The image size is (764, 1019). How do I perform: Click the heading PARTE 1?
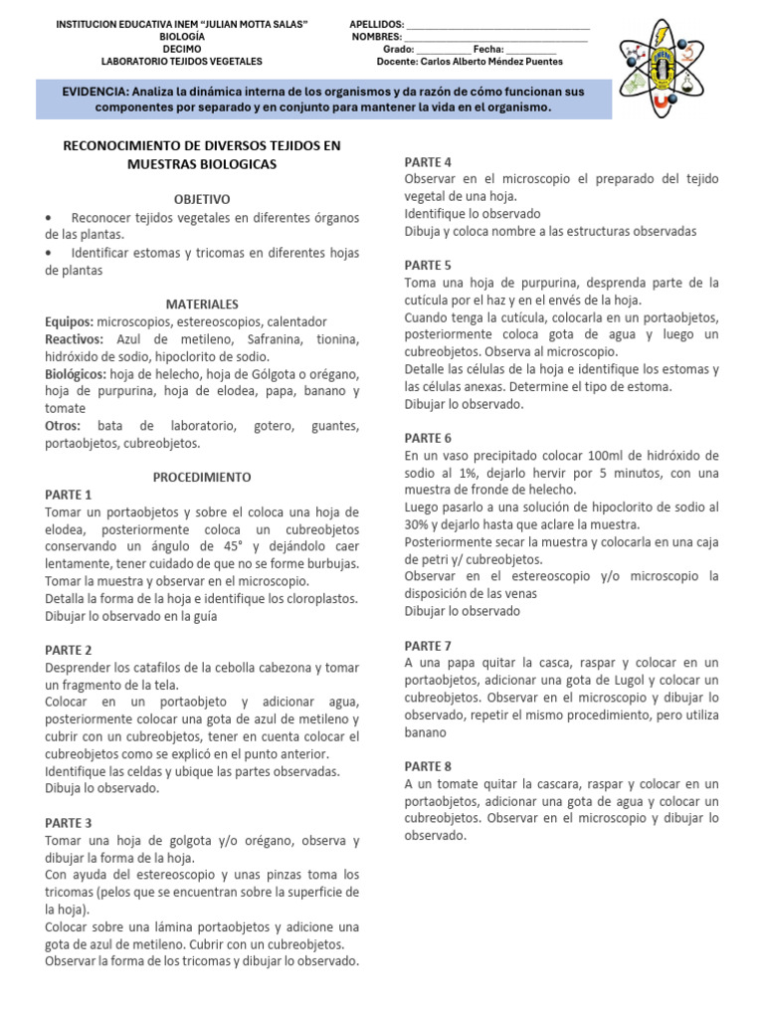(68, 495)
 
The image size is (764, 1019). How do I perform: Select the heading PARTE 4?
(428, 162)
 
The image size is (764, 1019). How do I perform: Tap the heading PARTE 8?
(428, 766)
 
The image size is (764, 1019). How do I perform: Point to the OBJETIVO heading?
(201, 199)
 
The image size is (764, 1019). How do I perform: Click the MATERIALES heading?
(202, 304)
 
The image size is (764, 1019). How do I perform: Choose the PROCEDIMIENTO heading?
(202, 477)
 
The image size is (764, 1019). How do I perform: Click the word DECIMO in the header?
(181, 48)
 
